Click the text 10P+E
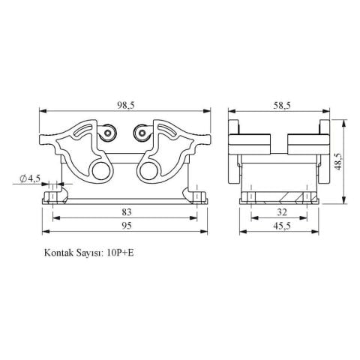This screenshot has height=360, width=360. (121, 253)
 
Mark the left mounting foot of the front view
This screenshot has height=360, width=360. (52, 197)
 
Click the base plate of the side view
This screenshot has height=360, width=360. (279, 199)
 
